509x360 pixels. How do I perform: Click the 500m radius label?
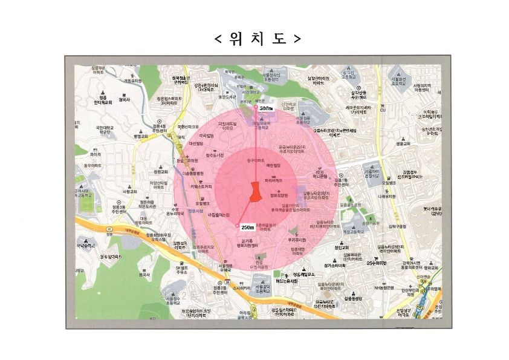click(x=267, y=108)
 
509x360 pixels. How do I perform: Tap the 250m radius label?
click(x=247, y=227)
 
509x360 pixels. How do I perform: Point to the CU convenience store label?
click(x=382, y=110)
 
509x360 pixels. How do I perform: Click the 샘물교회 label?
click(x=403, y=144)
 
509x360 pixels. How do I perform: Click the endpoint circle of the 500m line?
click(x=256, y=107)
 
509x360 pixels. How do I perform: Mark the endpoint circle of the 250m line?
click(x=236, y=226)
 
